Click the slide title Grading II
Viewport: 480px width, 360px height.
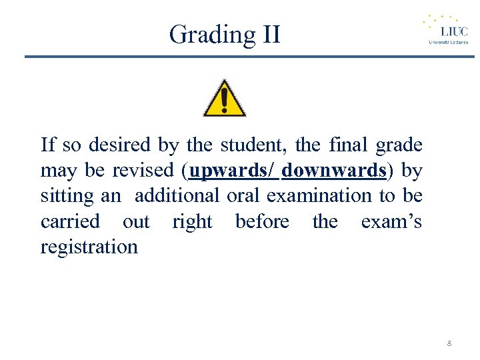click(225, 34)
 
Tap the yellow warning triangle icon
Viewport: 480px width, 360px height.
click(225, 99)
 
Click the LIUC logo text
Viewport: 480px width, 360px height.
click(453, 31)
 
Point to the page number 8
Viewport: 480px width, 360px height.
click(449, 343)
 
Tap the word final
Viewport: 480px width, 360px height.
click(349, 145)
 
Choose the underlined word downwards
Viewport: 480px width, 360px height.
click(333, 171)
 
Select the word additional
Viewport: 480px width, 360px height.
click(177, 196)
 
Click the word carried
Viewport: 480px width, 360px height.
click(70, 221)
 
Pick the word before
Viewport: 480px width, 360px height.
click(262, 221)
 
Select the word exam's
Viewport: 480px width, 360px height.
click(391, 221)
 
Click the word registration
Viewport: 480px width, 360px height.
click(89, 247)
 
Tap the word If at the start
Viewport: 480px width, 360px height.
click(47, 145)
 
